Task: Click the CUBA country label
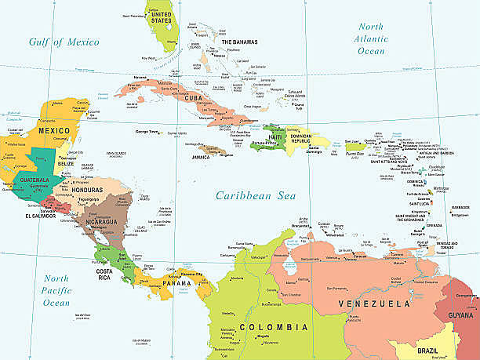tap(196, 98)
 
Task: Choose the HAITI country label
tap(275, 137)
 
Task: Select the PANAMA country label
tap(176, 282)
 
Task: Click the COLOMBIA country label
tap(274, 326)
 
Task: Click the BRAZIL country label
tap(428, 350)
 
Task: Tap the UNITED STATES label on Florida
tap(161, 18)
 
